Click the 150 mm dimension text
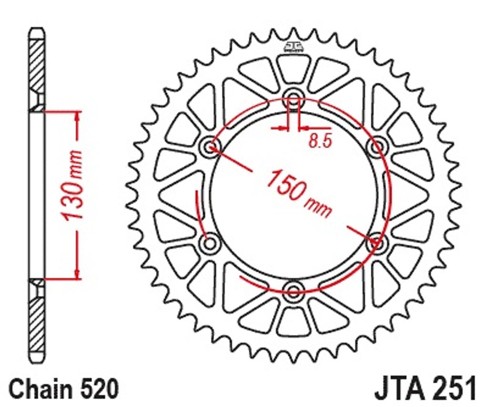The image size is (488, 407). click(299, 193)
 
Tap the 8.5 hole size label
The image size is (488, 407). click(321, 141)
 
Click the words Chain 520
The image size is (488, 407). click(64, 388)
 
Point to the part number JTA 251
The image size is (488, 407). click(426, 388)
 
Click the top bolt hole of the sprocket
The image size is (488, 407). click(294, 96)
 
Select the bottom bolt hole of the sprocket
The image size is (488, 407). click(294, 290)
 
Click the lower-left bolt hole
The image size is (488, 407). click(210, 242)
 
